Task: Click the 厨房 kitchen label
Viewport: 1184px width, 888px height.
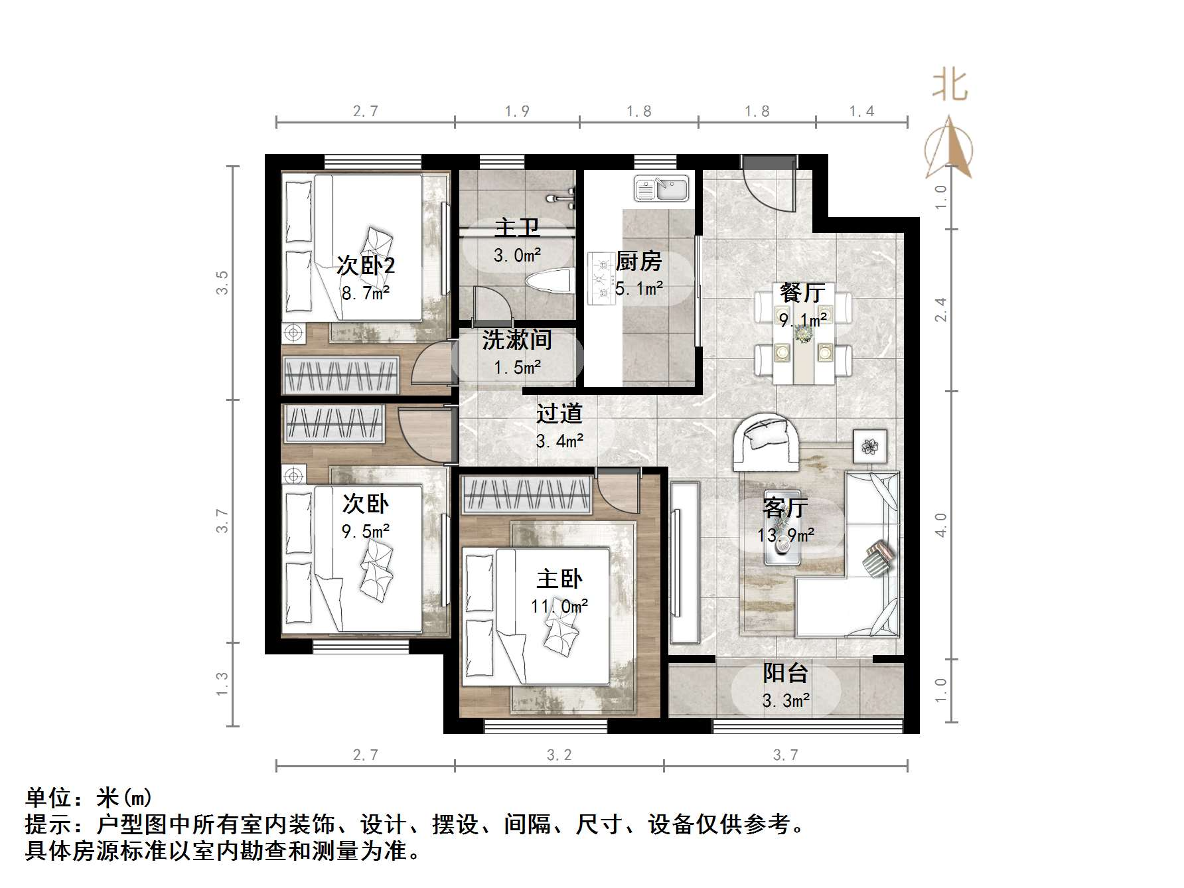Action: click(x=638, y=261)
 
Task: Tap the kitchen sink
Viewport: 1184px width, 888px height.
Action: click(x=663, y=188)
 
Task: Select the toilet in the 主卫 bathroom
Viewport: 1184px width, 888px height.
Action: click(x=550, y=282)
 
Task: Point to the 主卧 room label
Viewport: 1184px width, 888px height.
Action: click(x=559, y=579)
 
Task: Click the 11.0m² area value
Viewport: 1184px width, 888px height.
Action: click(x=559, y=606)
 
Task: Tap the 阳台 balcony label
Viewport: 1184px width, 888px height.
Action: click(x=785, y=673)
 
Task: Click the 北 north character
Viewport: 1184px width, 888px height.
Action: click(x=950, y=86)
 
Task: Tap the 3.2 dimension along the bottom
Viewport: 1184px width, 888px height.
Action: click(x=559, y=755)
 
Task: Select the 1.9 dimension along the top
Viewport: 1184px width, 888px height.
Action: click(x=517, y=111)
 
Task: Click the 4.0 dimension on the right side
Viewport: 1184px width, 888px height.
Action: click(x=940, y=524)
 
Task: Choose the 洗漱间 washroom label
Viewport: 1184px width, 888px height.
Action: click(x=517, y=340)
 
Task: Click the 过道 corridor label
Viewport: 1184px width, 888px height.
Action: click(x=559, y=413)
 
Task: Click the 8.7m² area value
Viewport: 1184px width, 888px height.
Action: click(x=366, y=293)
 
